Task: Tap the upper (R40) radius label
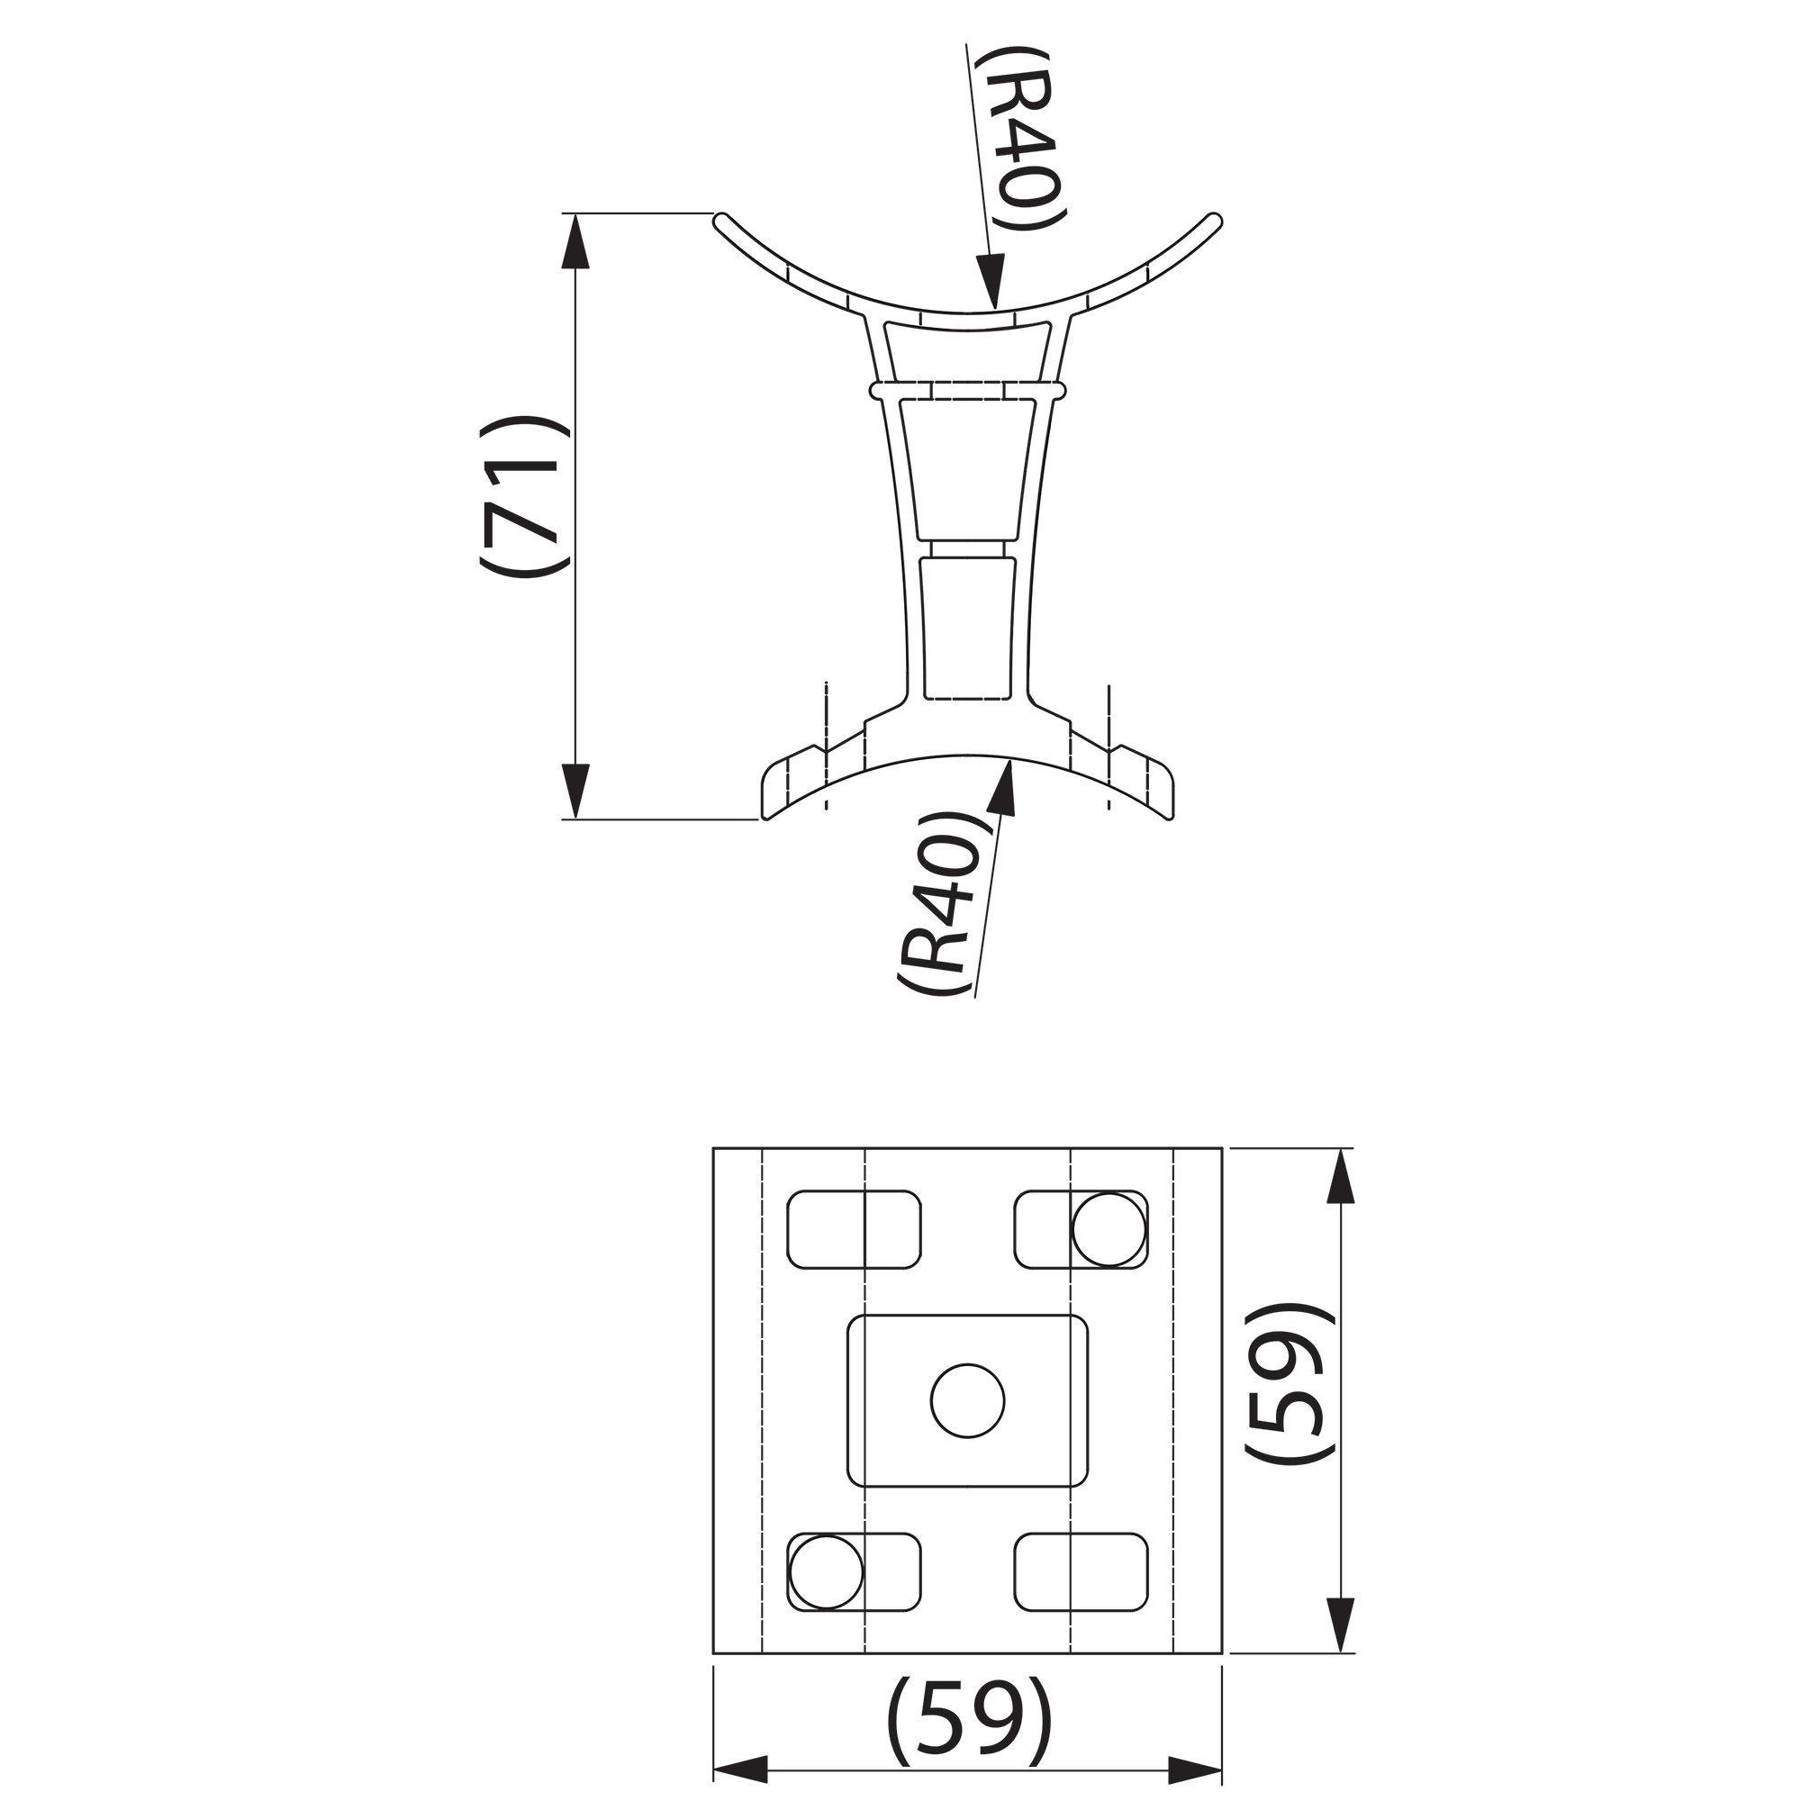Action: click(x=1021, y=140)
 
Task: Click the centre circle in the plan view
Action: click(x=968, y=1400)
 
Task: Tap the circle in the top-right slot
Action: click(x=1109, y=1229)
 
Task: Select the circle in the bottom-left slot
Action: click(x=826, y=1571)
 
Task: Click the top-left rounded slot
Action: click(x=854, y=1229)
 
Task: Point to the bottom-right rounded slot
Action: click(x=1082, y=1571)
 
